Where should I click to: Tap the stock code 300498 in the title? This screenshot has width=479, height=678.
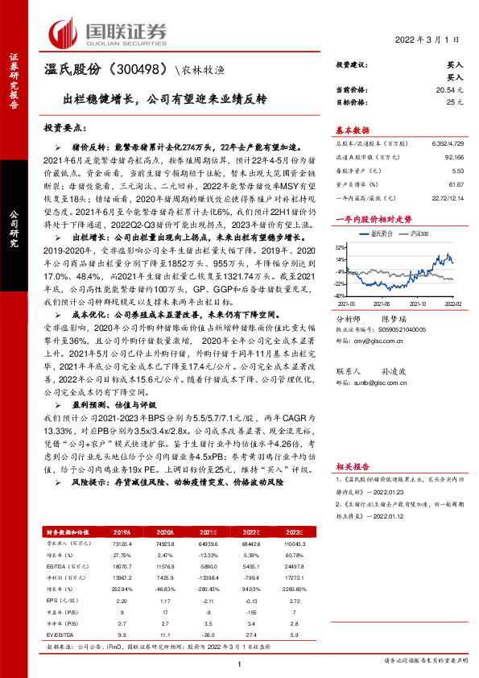tap(146, 71)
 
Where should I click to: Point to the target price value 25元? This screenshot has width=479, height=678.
tap(455, 104)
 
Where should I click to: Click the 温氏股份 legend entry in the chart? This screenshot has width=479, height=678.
tap(378, 232)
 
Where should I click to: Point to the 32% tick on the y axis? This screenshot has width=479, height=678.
tap(341, 247)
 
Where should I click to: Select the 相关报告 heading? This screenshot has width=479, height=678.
tap(352, 465)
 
